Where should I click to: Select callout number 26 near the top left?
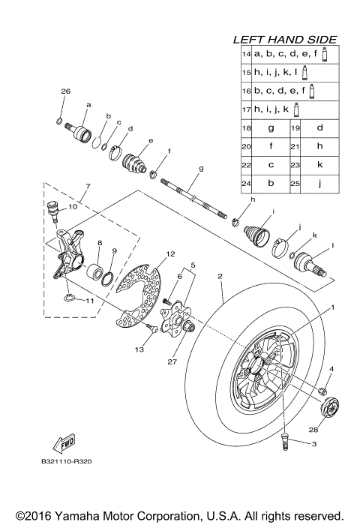64,91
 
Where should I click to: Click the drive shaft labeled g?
191,197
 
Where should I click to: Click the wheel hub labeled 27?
181,322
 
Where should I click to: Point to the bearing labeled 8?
95,271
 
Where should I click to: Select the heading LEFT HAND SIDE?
284,39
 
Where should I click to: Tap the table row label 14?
245,54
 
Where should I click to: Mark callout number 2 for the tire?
220,277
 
